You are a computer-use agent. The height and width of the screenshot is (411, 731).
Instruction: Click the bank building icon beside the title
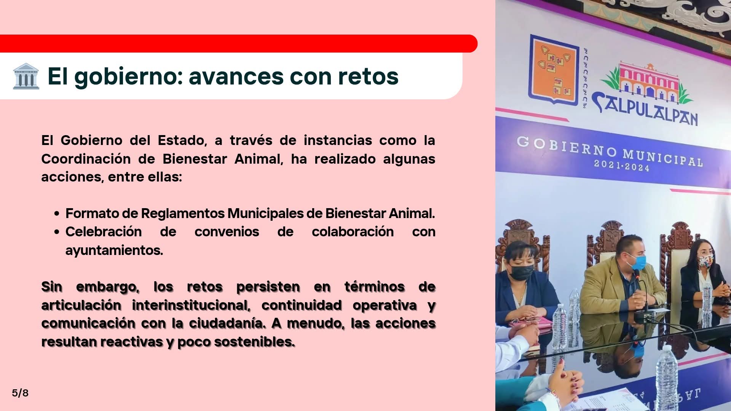coord(26,76)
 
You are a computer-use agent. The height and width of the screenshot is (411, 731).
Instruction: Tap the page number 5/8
coord(20,393)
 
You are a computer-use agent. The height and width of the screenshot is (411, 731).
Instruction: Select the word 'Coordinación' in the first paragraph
coord(86,159)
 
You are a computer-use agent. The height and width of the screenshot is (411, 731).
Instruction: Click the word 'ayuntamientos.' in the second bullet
coord(114,250)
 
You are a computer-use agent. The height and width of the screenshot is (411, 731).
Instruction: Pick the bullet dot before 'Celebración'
coord(57,232)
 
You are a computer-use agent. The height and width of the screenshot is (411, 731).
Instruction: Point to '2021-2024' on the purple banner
coord(621,166)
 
